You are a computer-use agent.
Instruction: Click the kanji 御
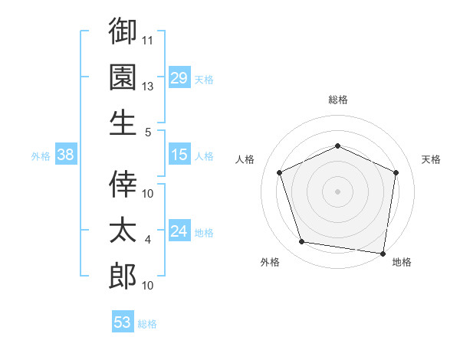123,31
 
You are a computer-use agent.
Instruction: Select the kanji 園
123,77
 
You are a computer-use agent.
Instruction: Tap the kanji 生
123,123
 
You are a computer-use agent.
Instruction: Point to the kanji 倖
123,184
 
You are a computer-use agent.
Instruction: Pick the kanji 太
123,230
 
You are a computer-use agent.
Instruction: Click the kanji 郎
123,276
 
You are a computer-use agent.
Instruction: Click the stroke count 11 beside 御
147,41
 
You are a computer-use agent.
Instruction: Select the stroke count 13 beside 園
147,87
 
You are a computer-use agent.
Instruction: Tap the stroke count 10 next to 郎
147,286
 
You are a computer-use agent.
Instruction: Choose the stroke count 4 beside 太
147,240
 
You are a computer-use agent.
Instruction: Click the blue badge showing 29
179,77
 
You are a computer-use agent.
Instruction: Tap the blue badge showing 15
179,154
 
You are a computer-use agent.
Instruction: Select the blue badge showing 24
179,230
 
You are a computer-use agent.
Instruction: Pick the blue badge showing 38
66,154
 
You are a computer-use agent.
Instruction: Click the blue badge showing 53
123,321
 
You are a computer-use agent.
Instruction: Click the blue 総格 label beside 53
147,324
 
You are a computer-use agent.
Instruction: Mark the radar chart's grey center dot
337,191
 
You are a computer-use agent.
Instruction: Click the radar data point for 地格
383,254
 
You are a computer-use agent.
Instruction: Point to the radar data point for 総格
337,146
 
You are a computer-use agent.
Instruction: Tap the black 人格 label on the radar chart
245,159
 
